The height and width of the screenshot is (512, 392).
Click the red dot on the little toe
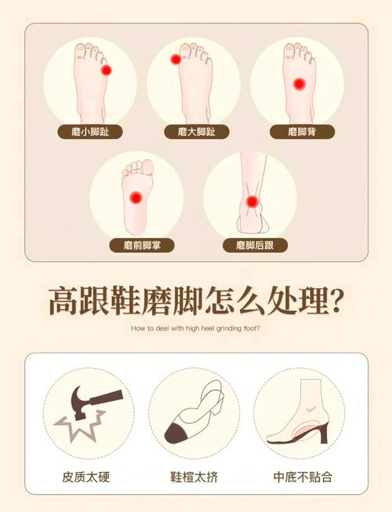point(107,70)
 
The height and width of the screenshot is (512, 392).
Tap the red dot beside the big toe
point(176,60)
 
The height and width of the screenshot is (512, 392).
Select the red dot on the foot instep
point(299,84)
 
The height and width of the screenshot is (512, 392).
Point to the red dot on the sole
point(136,198)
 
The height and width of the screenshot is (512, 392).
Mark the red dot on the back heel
point(252,202)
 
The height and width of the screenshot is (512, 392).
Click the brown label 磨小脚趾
point(90,132)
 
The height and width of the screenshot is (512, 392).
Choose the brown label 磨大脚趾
point(197,132)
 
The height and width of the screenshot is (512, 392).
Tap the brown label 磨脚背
point(303,132)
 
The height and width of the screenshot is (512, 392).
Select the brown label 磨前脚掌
point(142,245)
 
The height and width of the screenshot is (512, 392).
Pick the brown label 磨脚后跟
point(255,245)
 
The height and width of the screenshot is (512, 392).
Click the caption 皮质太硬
point(86,477)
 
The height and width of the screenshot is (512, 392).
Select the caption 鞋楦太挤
point(194,477)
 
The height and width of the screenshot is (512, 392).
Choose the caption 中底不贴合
point(303,477)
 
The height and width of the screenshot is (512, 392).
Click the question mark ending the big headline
point(335,302)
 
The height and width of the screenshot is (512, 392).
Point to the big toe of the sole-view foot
point(147,167)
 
